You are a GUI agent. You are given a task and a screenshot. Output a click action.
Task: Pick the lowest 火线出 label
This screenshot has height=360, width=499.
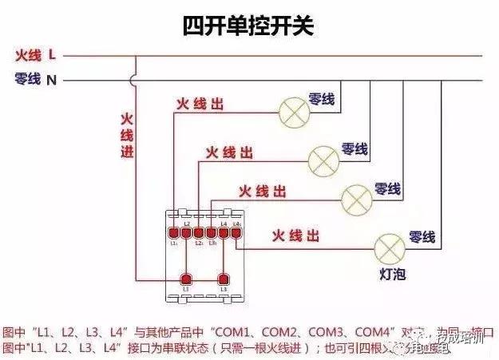295,236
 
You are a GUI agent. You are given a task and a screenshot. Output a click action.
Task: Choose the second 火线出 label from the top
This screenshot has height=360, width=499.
230,151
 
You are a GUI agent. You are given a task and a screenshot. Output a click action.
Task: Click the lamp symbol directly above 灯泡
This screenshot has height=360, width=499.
390,248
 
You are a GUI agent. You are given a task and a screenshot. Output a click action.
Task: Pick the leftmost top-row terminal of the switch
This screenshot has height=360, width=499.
173,232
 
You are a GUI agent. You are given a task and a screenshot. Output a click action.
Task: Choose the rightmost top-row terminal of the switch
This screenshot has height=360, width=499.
236,232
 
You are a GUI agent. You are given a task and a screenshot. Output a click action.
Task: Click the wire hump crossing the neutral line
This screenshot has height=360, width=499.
134,79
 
